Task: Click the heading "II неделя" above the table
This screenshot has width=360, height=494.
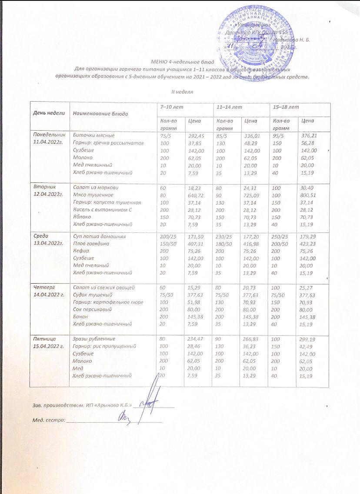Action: coord(180,92)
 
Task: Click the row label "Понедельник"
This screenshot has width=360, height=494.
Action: coord(49,136)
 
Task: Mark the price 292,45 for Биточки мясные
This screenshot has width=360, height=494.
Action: coord(196,136)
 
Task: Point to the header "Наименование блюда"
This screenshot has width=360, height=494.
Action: coord(100,113)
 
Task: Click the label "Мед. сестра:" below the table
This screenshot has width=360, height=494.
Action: coord(48,420)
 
